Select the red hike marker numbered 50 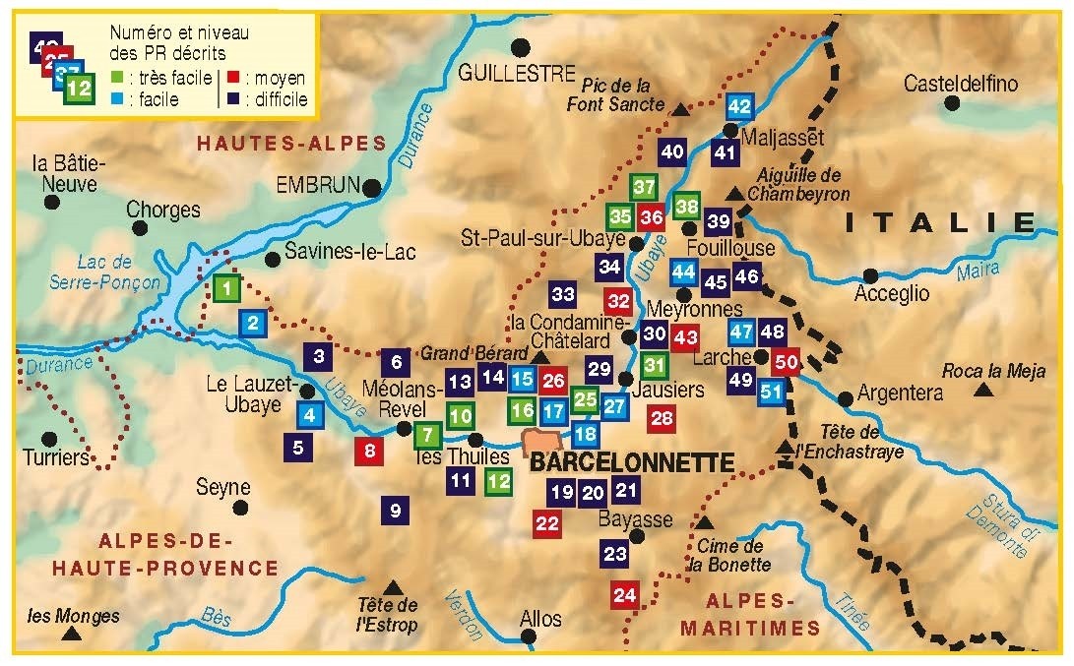click(786, 361)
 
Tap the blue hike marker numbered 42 click(739, 106)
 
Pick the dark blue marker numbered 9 click(395, 510)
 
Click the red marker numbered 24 click(625, 594)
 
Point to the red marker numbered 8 click(370, 452)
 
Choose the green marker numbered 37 click(644, 187)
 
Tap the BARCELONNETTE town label click(631, 463)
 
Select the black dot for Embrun click(372, 187)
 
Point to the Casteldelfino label click(961, 84)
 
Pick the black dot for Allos click(529, 636)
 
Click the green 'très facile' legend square click(117, 78)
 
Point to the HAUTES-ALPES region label click(290, 143)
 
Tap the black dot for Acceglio click(870, 276)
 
